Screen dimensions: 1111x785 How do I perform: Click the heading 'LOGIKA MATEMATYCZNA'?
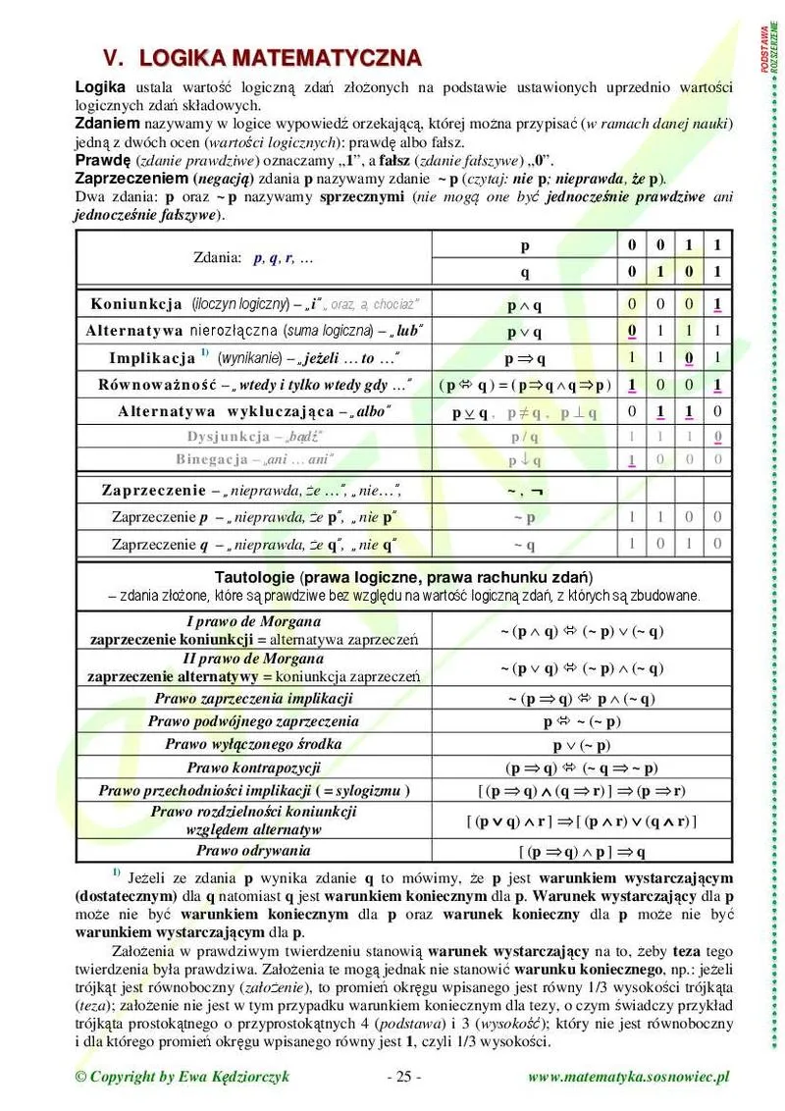point(281,58)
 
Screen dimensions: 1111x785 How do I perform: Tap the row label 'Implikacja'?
point(151,358)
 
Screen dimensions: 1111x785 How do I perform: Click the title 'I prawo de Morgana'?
point(253,621)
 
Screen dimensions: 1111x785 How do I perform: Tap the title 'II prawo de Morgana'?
point(253,659)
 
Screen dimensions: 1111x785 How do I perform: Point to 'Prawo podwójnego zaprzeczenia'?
point(253,721)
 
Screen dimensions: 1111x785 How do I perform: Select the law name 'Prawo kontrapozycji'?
point(253,767)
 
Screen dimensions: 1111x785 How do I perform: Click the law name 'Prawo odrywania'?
point(253,850)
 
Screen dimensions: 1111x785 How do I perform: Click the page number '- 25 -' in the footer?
point(403,1077)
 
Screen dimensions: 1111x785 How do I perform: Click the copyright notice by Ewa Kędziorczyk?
point(183,1077)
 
